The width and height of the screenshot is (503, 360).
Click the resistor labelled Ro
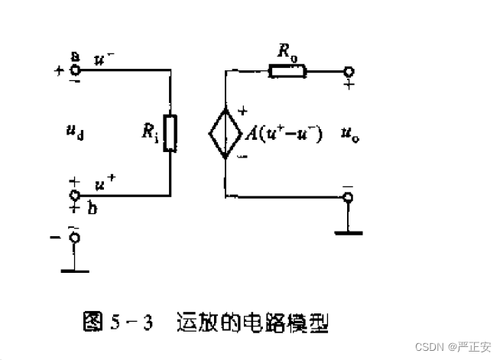click(x=287, y=72)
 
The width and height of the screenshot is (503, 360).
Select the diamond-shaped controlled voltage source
click(x=226, y=134)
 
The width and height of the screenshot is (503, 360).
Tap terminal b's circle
click(x=75, y=195)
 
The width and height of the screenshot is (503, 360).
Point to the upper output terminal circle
click(x=349, y=72)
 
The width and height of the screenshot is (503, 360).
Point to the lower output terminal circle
click(x=349, y=198)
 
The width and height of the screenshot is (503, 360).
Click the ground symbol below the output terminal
click(x=349, y=231)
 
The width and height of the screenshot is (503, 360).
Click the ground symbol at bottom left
click(x=74, y=269)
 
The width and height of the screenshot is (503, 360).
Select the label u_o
click(x=351, y=135)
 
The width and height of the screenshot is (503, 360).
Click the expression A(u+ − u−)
click(x=283, y=135)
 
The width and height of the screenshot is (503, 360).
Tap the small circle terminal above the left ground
click(x=74, y=238)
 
